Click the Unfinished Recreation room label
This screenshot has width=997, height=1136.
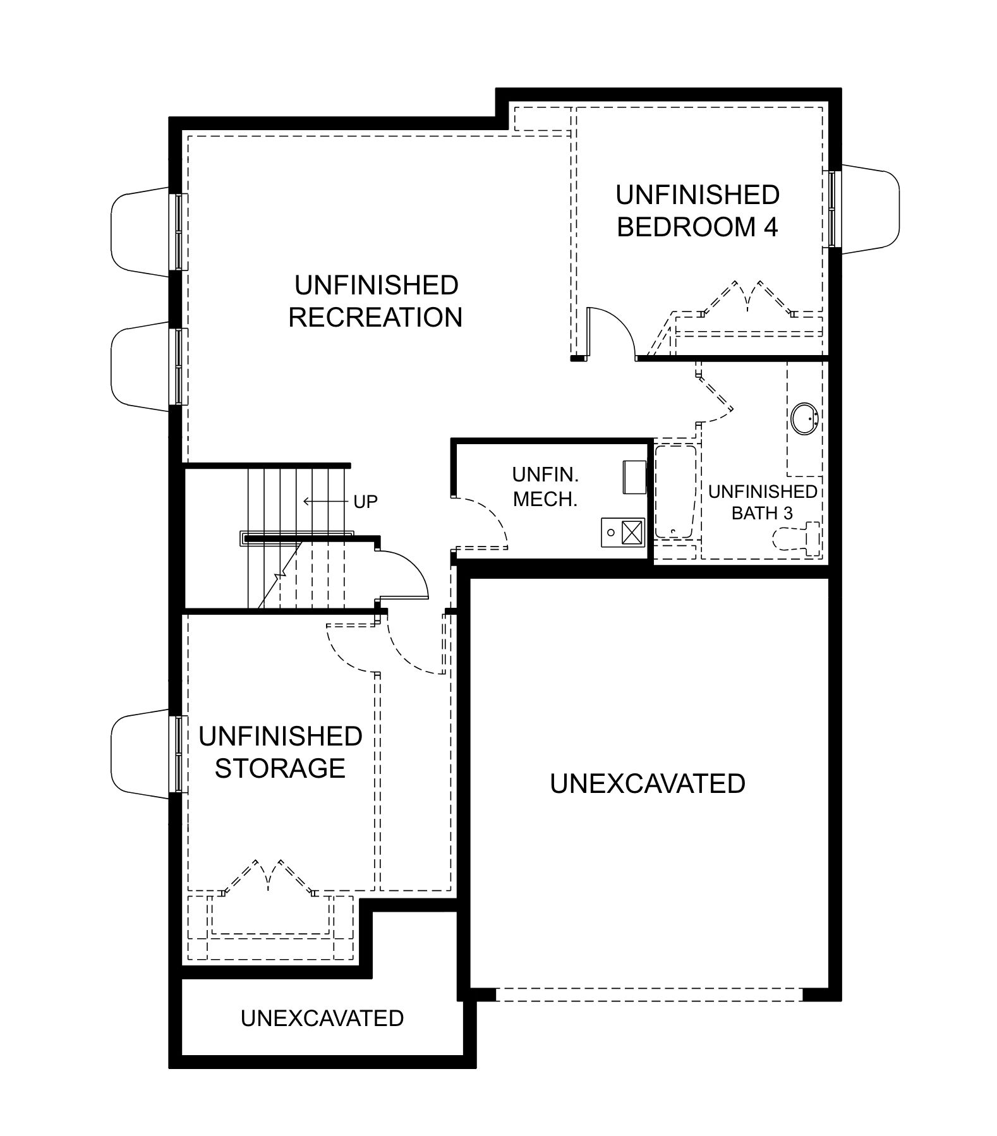tap(376, 301)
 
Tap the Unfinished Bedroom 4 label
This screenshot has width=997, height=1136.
tap(698, 210)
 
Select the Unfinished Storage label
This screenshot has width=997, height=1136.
tap(281, 752)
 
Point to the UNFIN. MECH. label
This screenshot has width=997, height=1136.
tap(545, 486)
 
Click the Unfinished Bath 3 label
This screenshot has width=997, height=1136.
tap(763, 502)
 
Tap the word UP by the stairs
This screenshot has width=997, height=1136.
tap(365, 502)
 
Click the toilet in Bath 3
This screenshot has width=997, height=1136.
tap(797, 538)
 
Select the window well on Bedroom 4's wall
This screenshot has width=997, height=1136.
tap(869, 209)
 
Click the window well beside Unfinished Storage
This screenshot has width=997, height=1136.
tap(141, 754)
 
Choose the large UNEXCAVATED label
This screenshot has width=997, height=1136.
tap(648, 783)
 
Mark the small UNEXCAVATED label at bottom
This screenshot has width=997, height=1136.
tap(322, 1018)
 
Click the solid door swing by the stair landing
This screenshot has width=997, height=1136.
tap(404, 574)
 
